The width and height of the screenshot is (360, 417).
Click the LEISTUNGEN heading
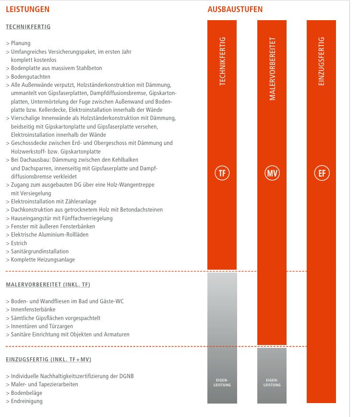(27, 9)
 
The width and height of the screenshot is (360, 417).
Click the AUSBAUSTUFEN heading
(235, 9)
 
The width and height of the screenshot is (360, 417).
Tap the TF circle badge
(222, 173)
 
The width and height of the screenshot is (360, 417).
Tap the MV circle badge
(272, 173)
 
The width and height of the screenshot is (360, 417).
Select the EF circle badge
(321, 173)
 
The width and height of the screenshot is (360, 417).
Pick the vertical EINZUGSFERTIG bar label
(321, 61)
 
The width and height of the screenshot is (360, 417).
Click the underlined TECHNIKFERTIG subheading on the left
(28, 27)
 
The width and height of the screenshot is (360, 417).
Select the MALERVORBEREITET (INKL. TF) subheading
(48, 285)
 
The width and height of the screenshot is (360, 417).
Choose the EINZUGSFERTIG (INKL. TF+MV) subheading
(48, 359)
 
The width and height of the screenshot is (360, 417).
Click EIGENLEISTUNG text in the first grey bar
(222, 383)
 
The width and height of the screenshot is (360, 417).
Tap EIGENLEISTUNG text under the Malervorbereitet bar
(272, 383)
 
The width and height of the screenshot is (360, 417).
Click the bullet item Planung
(21, 43)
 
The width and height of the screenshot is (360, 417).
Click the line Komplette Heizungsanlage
(43, 260)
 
